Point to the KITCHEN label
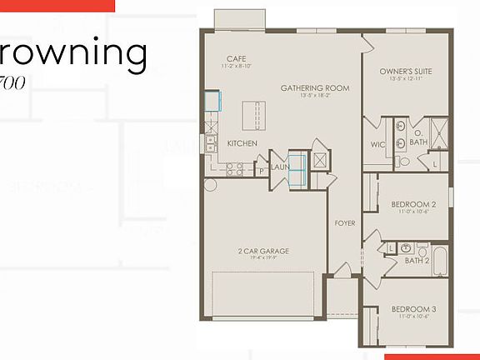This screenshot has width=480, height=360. click(x=242, y=143)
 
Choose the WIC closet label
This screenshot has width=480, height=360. click(x=377, y=144)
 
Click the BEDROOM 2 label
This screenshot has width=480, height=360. click(x=414, y=204)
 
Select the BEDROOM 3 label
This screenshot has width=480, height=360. click(x=414, y=309)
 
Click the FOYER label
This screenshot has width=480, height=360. click(x=345, y=223)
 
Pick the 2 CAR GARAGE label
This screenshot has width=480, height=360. click(x=263, y=250)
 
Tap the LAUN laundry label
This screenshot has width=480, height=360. click(x=279, y=167)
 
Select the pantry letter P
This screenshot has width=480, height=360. click(x=261, y=170)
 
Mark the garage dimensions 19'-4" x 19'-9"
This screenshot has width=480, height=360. click(x=263, y=257)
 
